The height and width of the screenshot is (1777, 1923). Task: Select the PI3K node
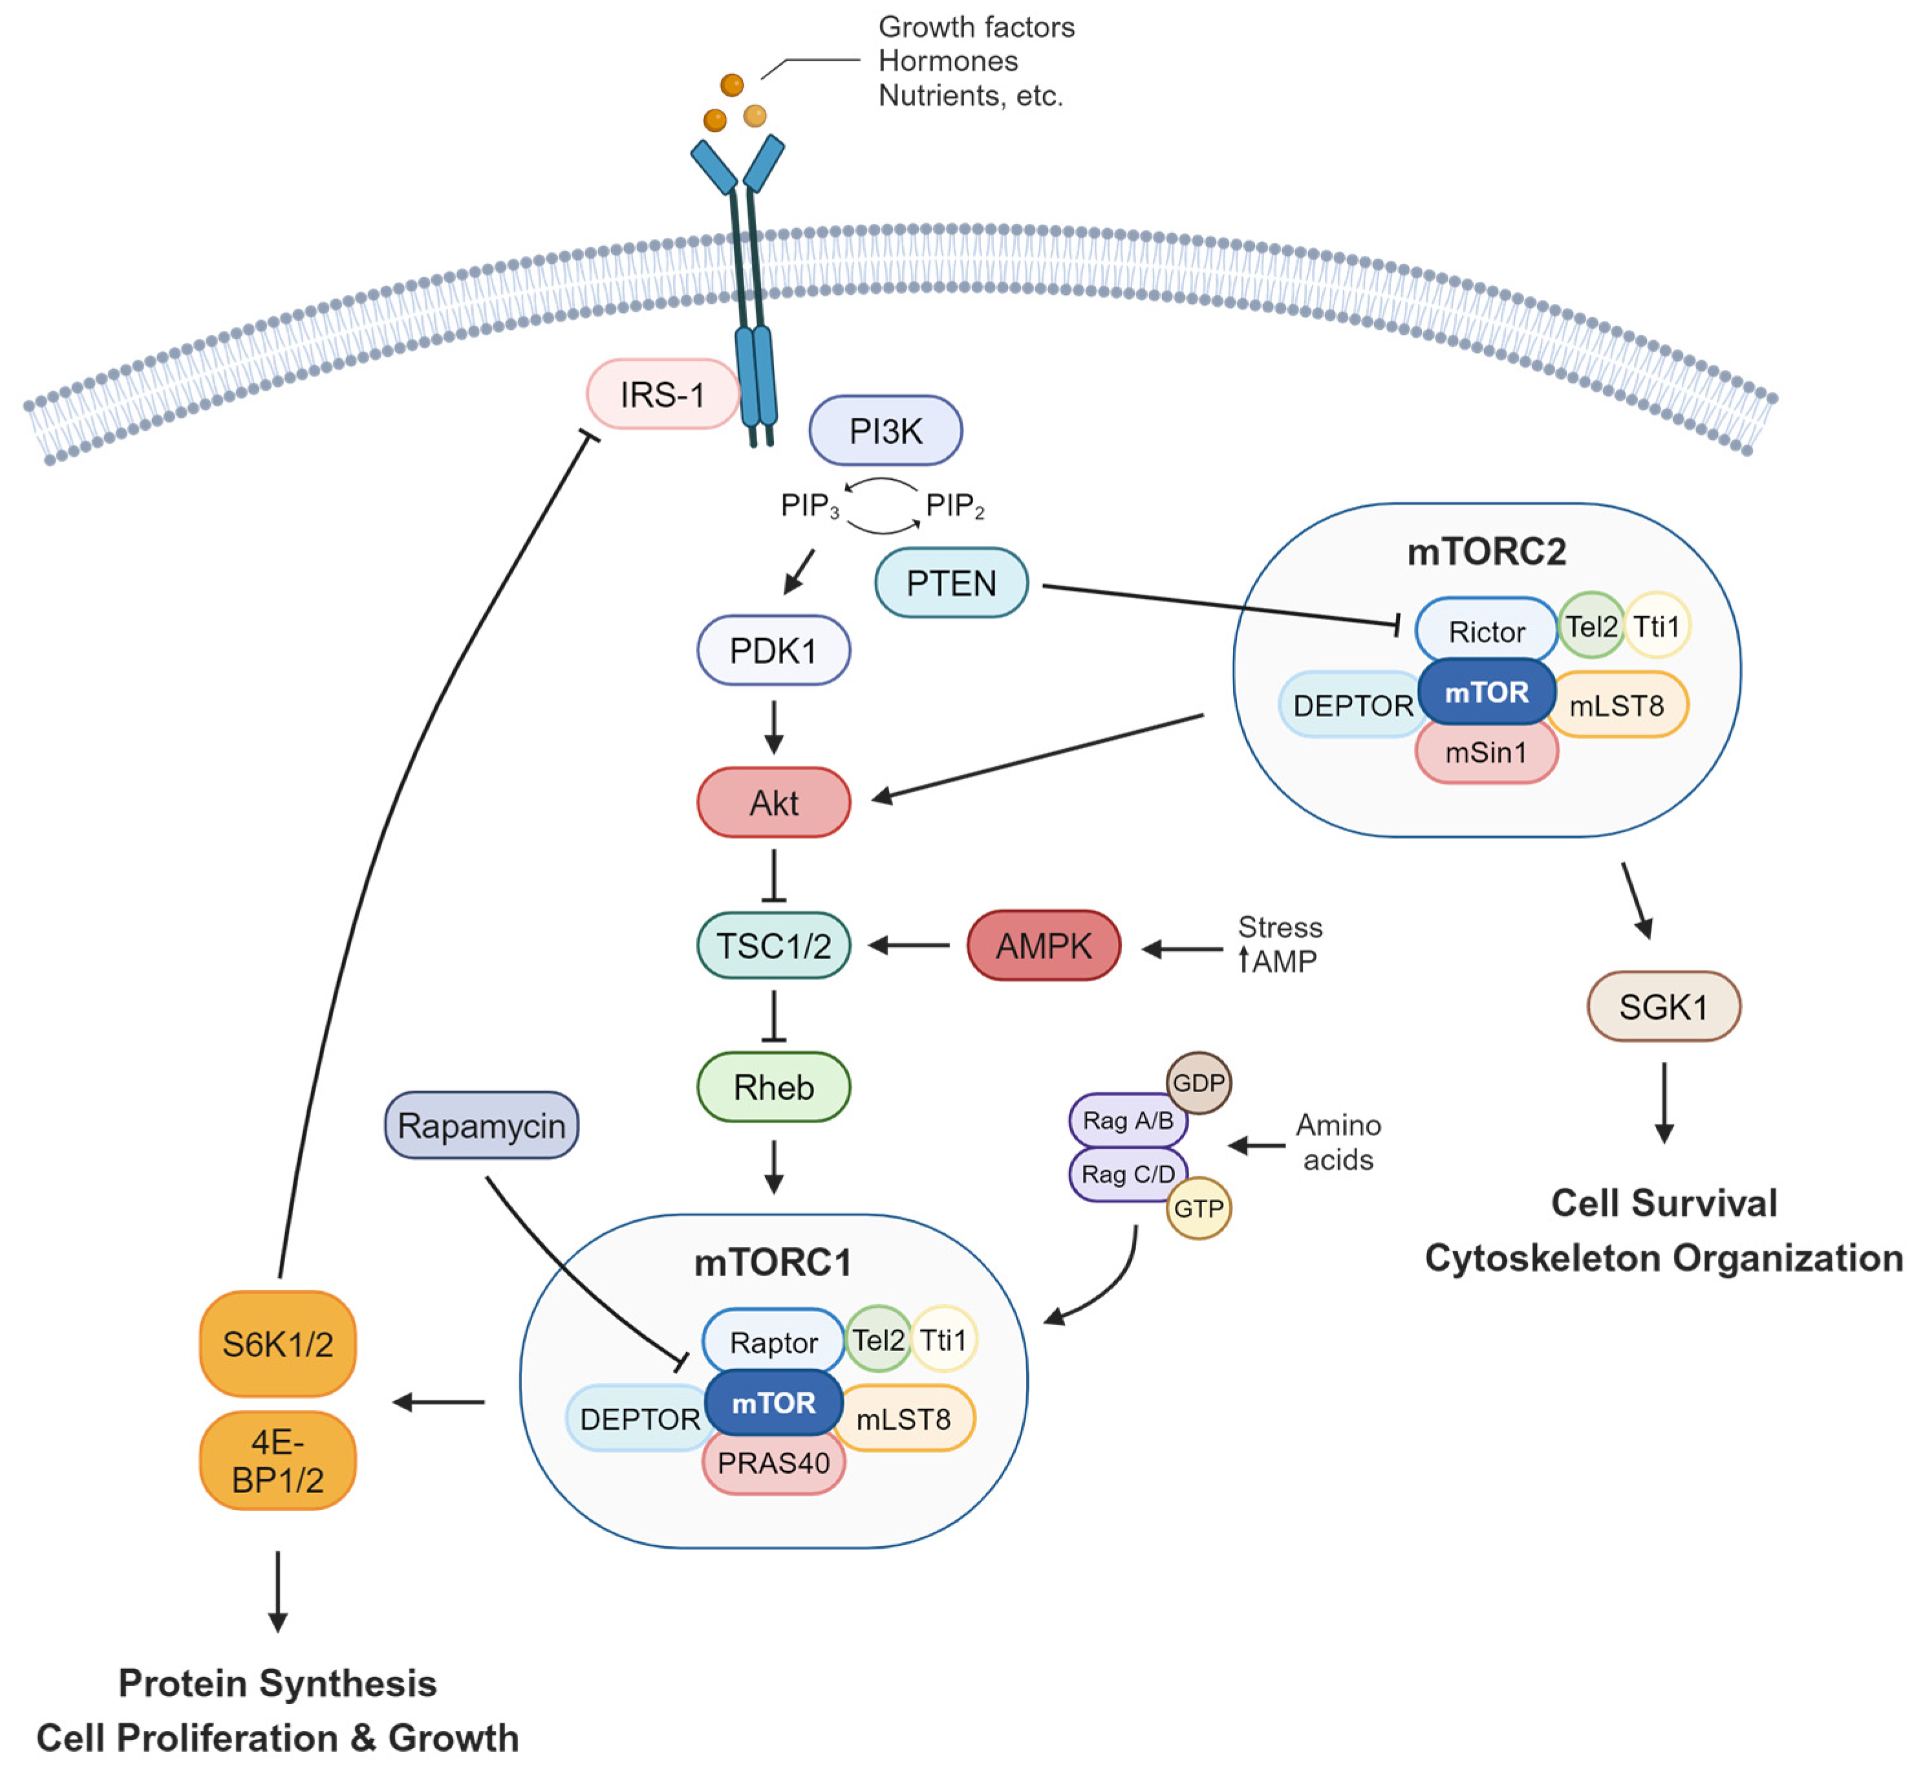point(885,431)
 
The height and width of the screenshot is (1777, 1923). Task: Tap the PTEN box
point(951,583)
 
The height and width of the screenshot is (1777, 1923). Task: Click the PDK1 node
point(773,651)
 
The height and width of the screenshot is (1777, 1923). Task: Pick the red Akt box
point(773,802)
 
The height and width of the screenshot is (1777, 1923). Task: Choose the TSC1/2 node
point(773,945)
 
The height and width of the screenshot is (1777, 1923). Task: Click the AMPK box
point(1043,945)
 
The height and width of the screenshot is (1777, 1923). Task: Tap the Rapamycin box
point(481,1125)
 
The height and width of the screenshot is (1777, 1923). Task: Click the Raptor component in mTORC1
point(773,1341)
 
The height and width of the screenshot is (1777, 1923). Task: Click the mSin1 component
point(1485,753)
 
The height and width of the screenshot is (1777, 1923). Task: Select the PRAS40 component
point(773,1463)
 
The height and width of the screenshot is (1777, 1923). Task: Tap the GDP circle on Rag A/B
point(1198,1082)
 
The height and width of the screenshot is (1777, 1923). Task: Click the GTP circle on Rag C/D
point(1198,1209)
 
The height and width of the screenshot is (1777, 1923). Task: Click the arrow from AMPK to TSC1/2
point(908,945)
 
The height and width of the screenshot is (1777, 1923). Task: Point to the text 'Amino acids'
point(1337,1143)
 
